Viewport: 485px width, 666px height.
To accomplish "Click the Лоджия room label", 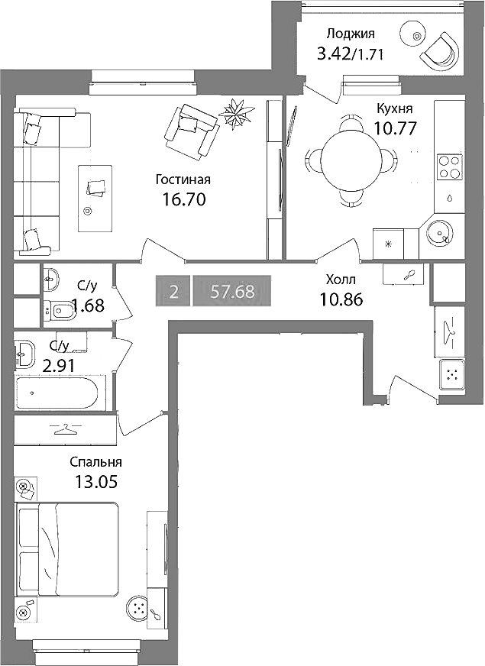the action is [x=351, y=34].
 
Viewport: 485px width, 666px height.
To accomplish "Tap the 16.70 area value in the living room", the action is [x=184, y=199].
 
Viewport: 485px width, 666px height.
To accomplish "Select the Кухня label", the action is [x=395, y=108].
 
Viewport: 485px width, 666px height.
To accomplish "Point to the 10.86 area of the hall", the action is [x=341, y=300].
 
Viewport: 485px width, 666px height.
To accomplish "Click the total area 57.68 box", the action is [x=232, y=291].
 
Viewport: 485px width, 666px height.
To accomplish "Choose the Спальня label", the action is [x=95, y=462].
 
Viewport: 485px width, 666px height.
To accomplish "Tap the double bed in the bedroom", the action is [x=67, y=548].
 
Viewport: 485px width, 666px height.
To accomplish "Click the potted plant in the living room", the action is [x=238, y=112].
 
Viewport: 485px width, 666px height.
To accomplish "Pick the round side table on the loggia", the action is [x=416, y=37].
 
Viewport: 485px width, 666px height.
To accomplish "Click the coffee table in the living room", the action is [x=96, y=198].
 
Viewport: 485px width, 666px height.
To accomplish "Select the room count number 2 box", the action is [x=173, y=291].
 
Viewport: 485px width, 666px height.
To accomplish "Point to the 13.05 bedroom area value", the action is [x=95, y=481].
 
